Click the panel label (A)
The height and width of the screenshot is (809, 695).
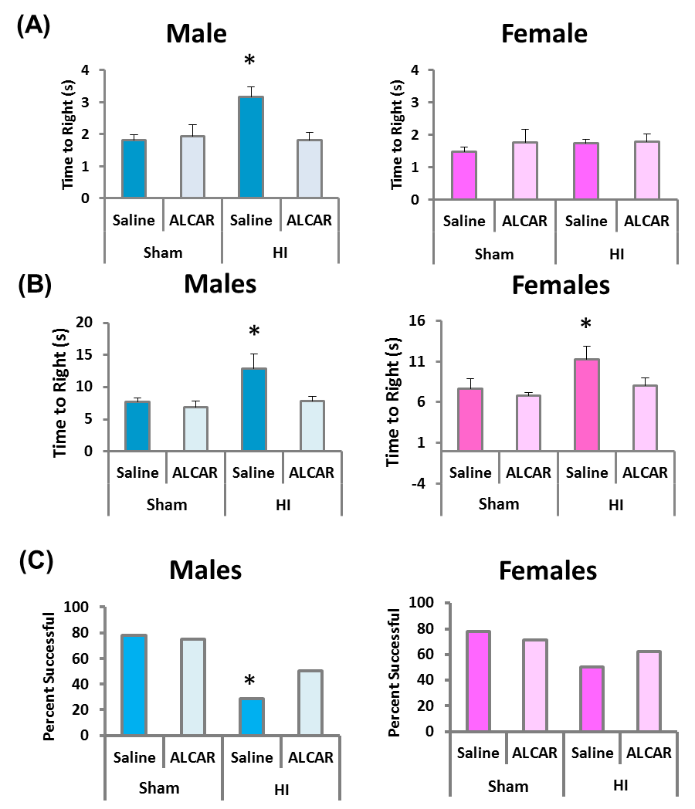[33, 27]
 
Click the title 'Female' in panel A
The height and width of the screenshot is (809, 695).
[544, 34]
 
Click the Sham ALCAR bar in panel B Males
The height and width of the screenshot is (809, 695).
[195, 428]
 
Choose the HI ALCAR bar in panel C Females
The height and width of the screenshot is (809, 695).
[648, 692]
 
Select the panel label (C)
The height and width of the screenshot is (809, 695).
[33, 561]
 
